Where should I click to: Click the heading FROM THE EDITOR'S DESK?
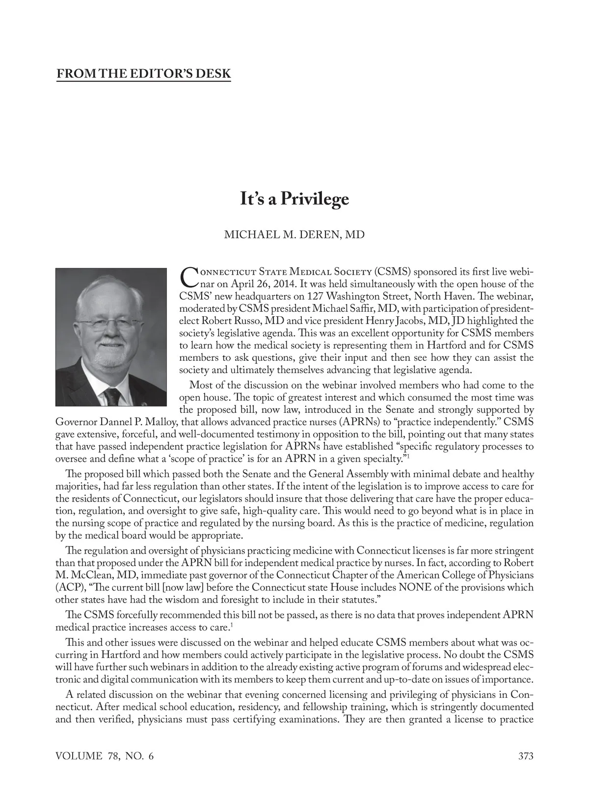(x=143, y=74)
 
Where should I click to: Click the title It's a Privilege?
(x=294, y=199)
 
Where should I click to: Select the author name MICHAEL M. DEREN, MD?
(x=294, y=234)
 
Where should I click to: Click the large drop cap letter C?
(x=188, y=277)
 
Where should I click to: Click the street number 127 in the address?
(x=315, y=296)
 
